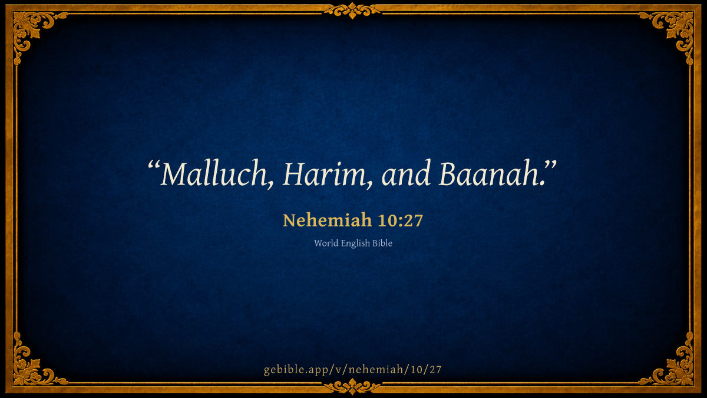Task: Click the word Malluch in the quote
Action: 214,173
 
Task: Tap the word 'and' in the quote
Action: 406,173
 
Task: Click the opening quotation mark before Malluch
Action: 154,166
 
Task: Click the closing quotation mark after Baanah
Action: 550,166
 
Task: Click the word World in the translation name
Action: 326,243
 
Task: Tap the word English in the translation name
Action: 355,244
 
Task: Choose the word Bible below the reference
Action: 382,243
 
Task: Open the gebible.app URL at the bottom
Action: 352,369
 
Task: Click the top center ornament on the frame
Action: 352,11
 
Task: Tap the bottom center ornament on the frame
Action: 352,386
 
